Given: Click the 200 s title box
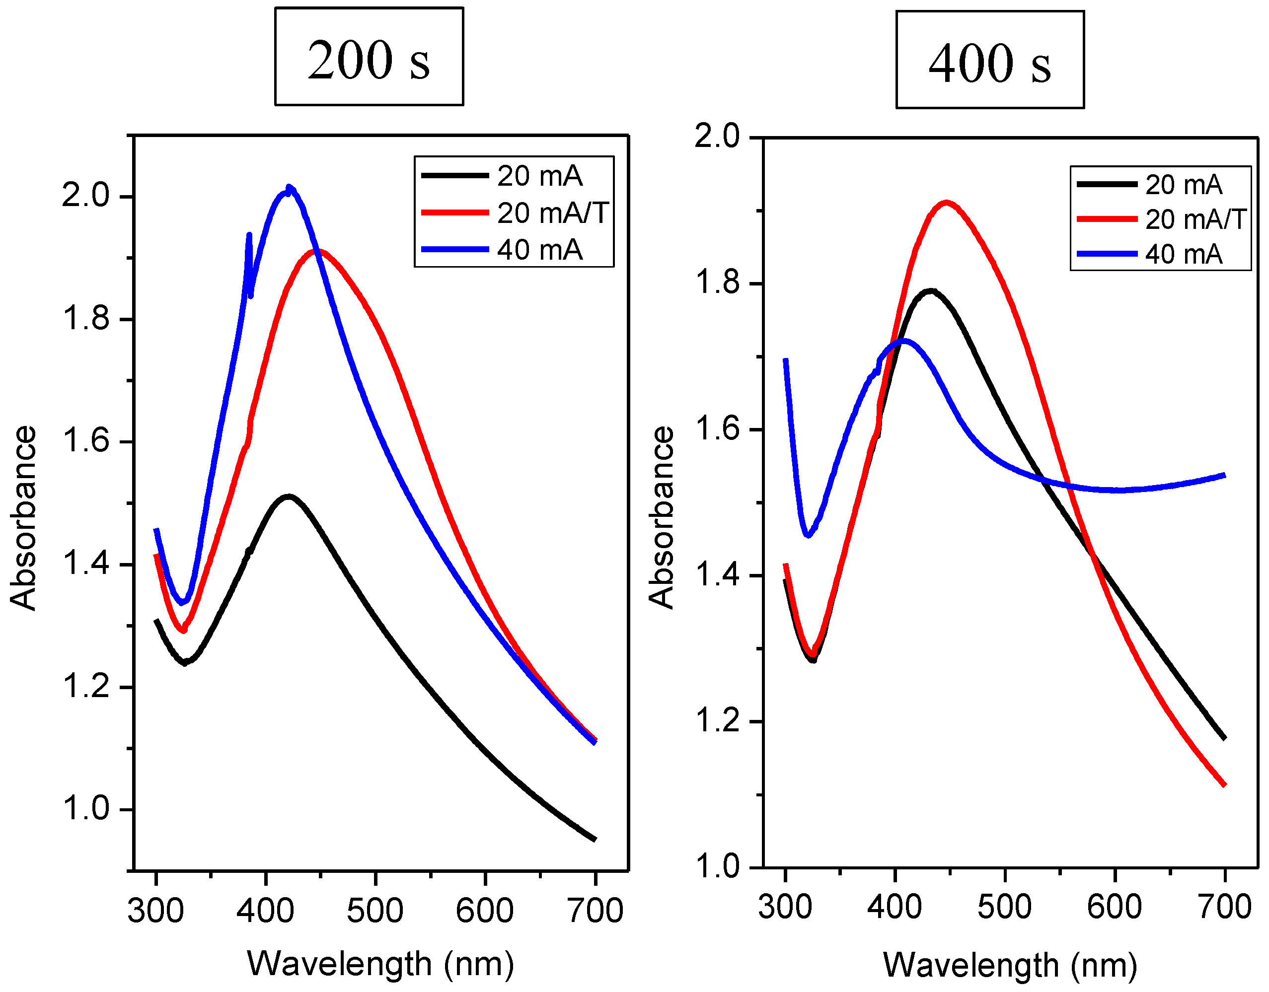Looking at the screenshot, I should click(369, 56).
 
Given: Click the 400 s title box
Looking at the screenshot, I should click(989, 60).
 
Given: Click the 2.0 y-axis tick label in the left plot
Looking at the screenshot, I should click(85, 196).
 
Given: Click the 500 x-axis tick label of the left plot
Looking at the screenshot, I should click(375, 911).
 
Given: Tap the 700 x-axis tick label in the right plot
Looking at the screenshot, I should click(1224, 907).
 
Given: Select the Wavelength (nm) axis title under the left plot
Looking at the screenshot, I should click(380, 964).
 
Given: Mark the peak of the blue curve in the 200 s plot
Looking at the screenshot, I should click(289, 191).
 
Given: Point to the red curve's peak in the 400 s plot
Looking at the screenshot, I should click(947, 203).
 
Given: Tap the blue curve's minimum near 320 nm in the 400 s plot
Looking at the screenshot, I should click(807, 534).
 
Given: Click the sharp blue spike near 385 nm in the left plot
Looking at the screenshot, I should click(249, 236).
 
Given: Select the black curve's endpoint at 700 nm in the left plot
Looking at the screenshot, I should click(595, 839).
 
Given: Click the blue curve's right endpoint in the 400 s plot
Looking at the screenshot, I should click(1224, 476).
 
